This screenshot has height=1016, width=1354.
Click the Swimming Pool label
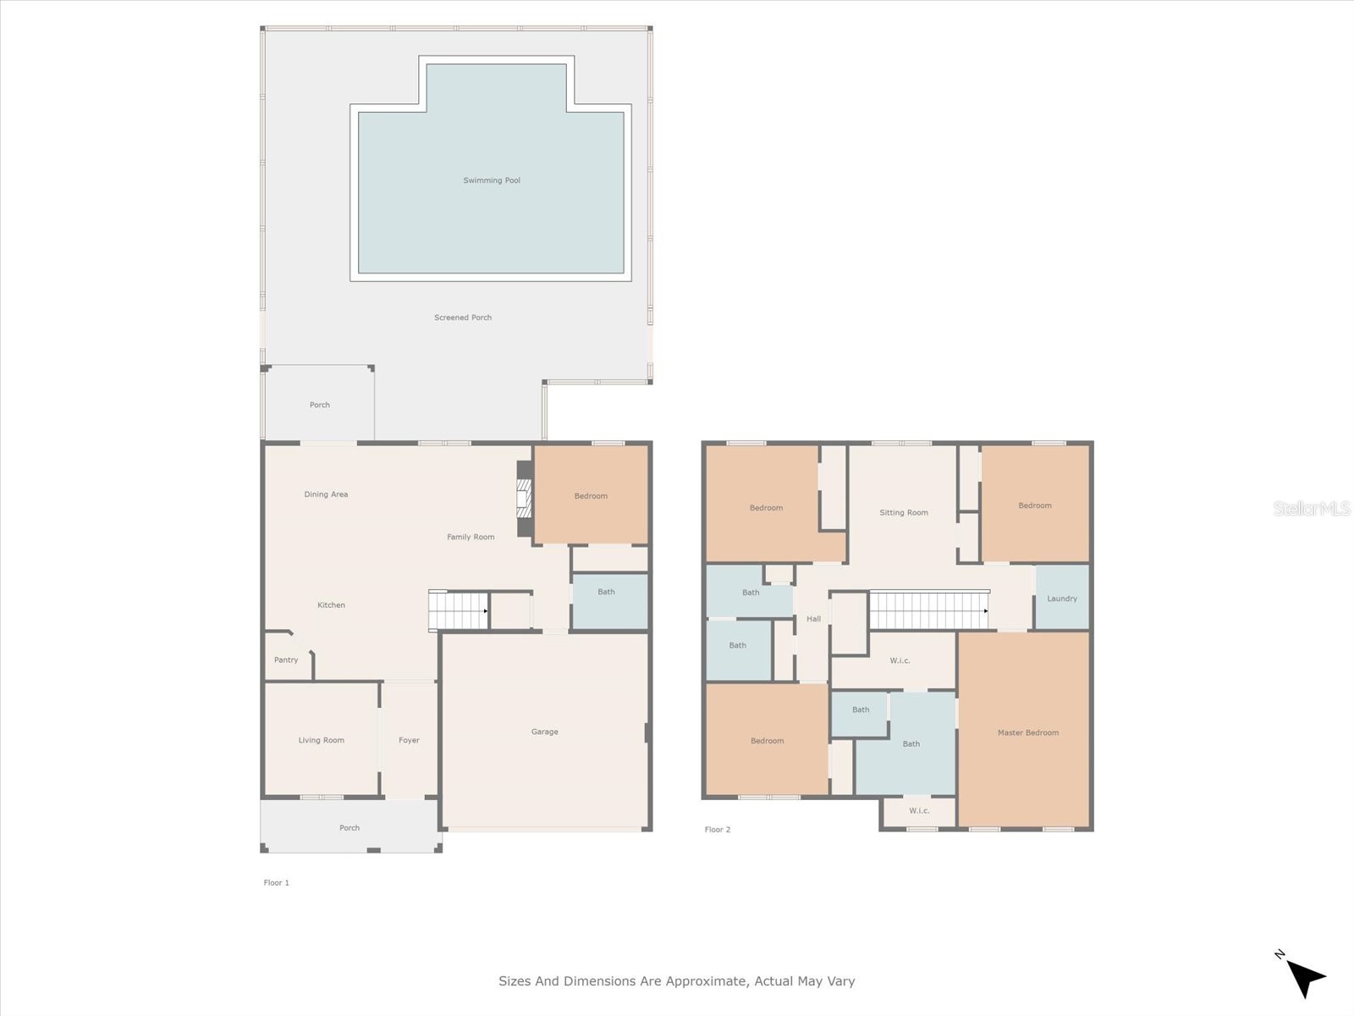click(x=492, y=180)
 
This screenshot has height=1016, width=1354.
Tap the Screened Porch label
click(x=463, y=317)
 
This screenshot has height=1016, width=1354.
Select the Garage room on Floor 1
click(x=545, y=732)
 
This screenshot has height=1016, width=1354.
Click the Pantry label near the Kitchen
click(x=286, y=660)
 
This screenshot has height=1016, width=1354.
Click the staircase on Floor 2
click(x=928, y=610)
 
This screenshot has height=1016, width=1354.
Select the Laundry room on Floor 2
click(x=1062, y=599)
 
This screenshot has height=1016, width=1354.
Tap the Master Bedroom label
click(x=1028, y=733)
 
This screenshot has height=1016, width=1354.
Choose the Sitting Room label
click(x=904, y=513)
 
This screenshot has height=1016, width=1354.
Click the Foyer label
click(x=409, y=740)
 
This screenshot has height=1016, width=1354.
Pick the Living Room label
click(x=322, y=740)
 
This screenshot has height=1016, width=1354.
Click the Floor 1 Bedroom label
click(x=591, y=496)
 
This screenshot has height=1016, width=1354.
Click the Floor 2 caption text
click(x=718, y=830)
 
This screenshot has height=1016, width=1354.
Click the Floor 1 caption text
click(x=277, y=883)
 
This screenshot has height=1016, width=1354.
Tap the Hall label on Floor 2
click(x=813, y=619)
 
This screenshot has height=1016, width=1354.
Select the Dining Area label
click(x=326, y=494)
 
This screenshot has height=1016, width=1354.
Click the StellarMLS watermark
click(x=1312, y=509)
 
